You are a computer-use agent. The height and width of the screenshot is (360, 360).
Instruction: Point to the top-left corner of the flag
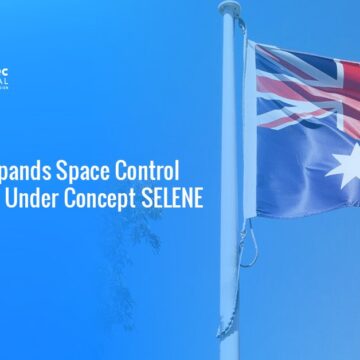point(250,42)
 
